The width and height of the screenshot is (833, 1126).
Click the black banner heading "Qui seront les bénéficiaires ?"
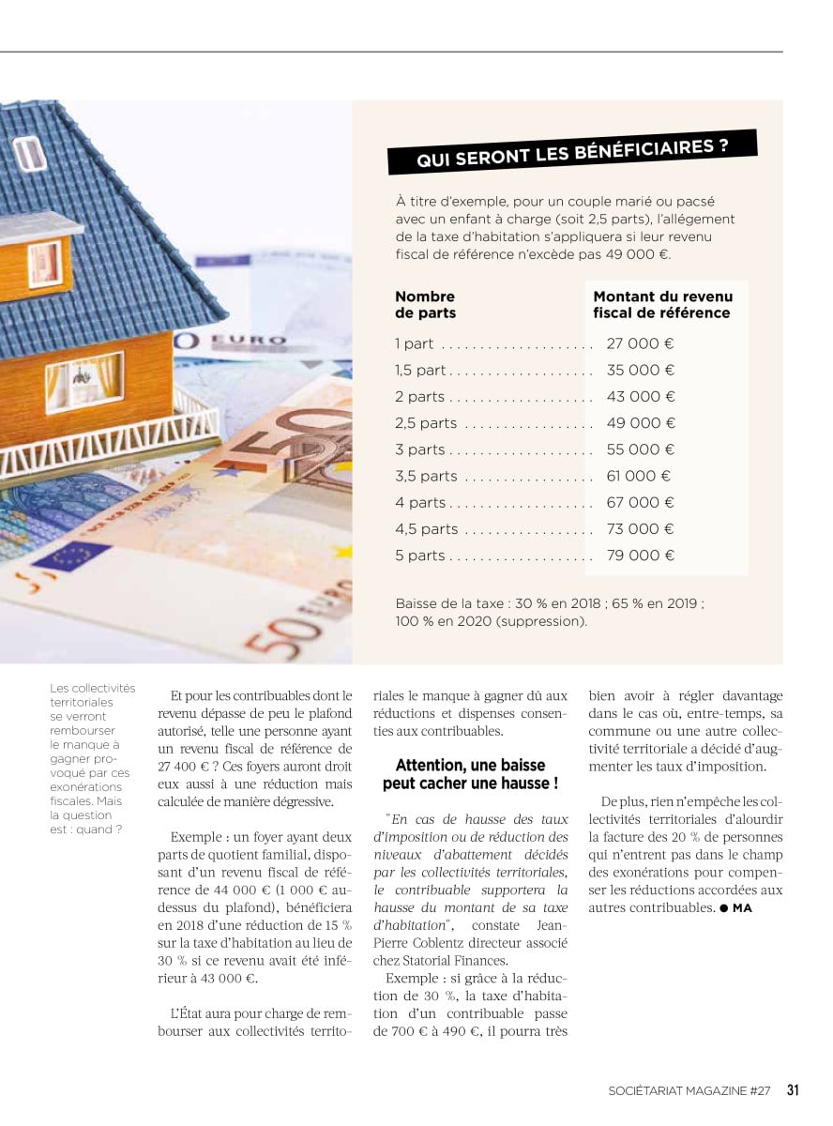(572, 152)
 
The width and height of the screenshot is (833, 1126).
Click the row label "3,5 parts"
(426, 477)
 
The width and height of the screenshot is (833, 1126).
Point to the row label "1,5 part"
(420, 371)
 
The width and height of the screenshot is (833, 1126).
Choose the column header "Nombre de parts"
(425, 305)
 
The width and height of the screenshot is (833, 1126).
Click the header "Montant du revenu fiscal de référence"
(662, 305)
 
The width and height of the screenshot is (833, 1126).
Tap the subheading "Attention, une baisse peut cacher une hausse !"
(470, 774)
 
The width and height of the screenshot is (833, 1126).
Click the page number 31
(793, 1090)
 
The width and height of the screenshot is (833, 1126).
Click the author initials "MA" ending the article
(742, 908)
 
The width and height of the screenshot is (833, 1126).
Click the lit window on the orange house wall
(84, 381)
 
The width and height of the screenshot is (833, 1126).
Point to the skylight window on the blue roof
(29, 154)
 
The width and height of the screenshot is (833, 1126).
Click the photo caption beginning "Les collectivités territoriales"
(92, 758)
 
